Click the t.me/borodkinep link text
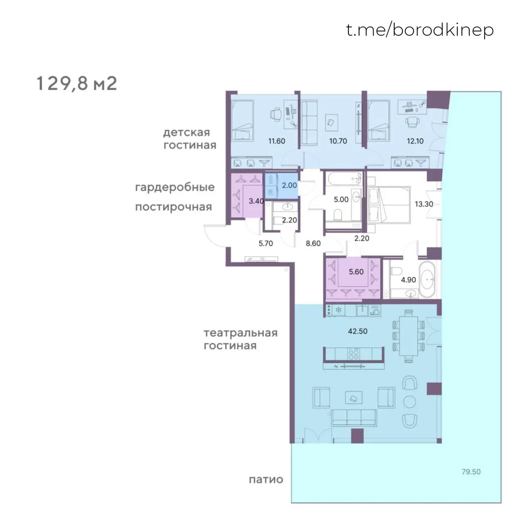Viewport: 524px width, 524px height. click(x=420, y=30)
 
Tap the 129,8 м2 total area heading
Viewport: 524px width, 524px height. click(x=77, y=83)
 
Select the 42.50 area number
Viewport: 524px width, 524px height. click(x=357, y=331)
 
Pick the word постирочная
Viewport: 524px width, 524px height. click(x=174, y=207)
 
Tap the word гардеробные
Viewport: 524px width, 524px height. click(x=175, y=187)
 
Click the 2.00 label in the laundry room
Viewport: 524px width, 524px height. click(x=289, y=185)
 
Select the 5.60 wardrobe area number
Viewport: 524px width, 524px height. click(x=356, y=272)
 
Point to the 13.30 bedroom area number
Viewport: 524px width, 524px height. click(x=424, y=204)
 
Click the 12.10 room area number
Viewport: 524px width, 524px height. click(x=415, y=141)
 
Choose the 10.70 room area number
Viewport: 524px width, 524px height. click(x=338, y=141)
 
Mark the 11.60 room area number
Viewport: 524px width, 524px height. click(x=277, y=141)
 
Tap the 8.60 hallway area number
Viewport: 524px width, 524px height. click(x=313, y=243)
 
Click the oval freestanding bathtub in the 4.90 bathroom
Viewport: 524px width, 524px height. click(x=427, y=280)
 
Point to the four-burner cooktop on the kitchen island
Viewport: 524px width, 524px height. click(x=354, y=354)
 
